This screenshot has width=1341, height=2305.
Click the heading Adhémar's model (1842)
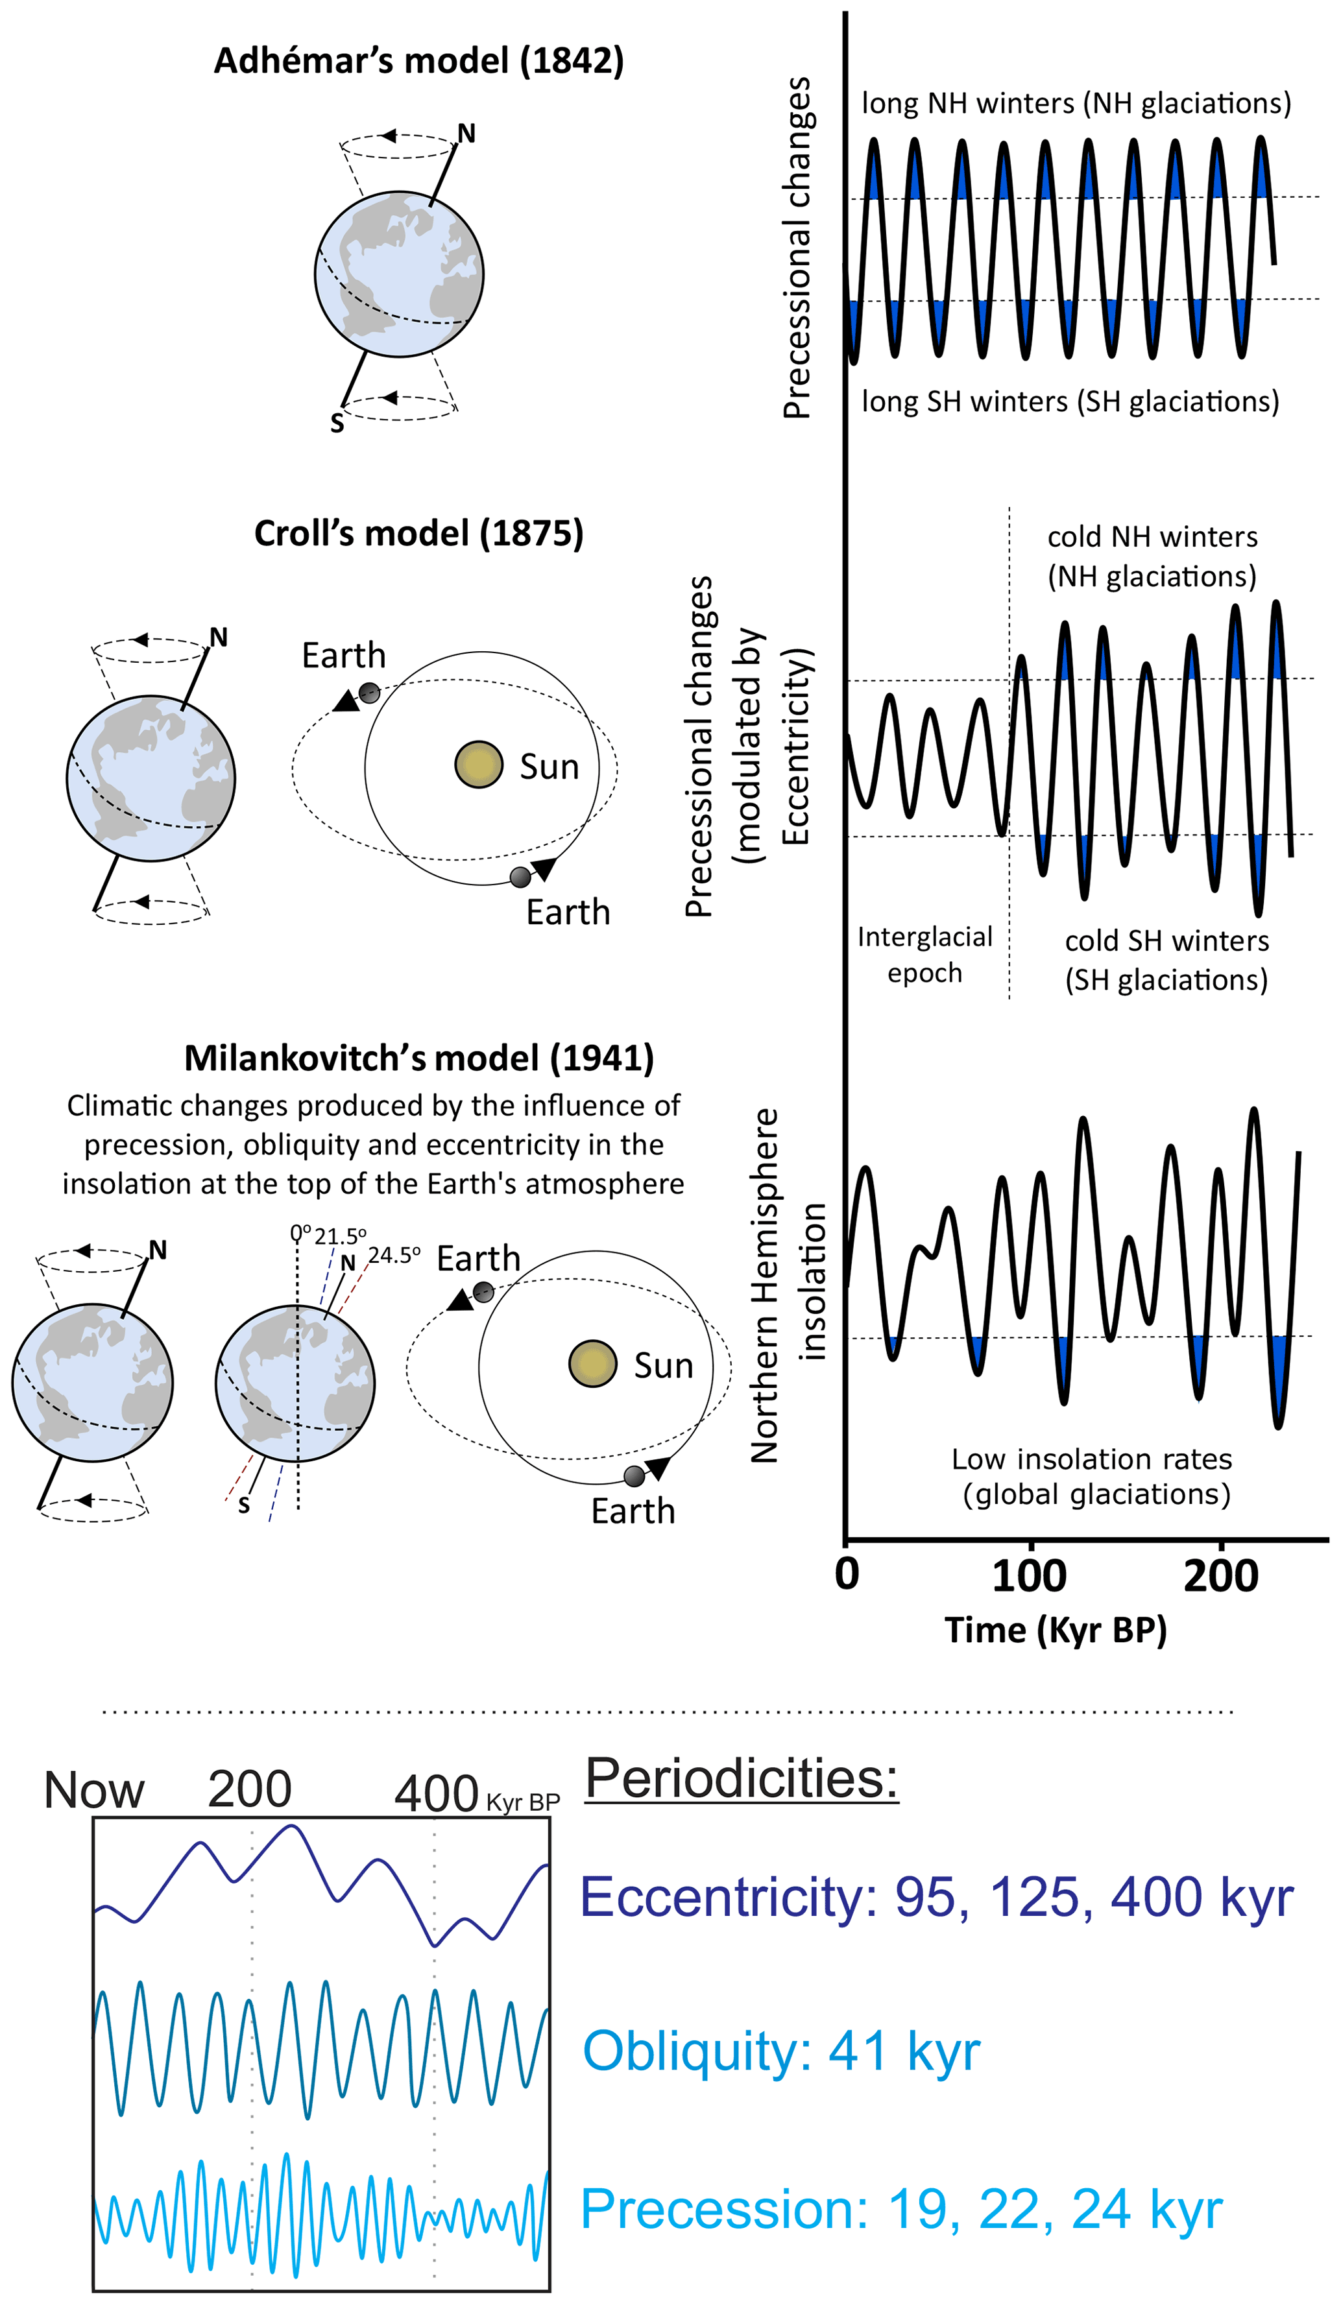[x=419, y=61]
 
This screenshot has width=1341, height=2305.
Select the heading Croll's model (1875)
[x=419, y=533]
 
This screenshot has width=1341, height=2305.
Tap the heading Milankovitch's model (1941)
[x=419, y=1058]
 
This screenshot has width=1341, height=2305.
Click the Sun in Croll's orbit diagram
[x=478, y=765]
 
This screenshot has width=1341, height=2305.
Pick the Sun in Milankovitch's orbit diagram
[x=593, y=1364]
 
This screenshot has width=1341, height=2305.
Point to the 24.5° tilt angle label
[x=394, y=1255]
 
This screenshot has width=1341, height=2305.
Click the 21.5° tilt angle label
[x=341, y=1237]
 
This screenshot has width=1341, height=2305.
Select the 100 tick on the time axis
[x=1030, y=1576]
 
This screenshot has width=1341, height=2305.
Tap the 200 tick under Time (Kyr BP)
[x=1220, y=1576]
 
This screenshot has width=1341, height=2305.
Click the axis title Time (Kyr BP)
[x=1056, y=1630]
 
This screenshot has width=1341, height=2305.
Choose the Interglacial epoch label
[x=924, y=954]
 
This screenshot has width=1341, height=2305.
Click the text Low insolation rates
[x=1091, y=1459]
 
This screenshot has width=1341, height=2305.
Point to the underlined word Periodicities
[x=741, y=1778]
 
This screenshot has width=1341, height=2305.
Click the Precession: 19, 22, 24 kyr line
[x=901, y=2209]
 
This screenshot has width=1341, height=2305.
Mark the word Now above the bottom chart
[x=94, y=1790]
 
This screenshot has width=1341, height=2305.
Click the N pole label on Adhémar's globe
[x=466, y=134]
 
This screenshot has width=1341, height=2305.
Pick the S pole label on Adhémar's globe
[x=337, y=424]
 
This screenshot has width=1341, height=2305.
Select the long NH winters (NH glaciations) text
[x=1076, y=103]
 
